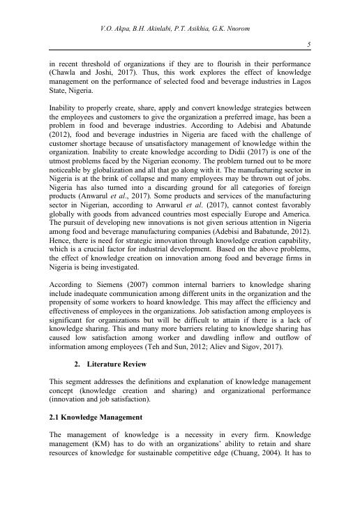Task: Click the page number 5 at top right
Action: [308, 45]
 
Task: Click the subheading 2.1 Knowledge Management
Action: [96, 417]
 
